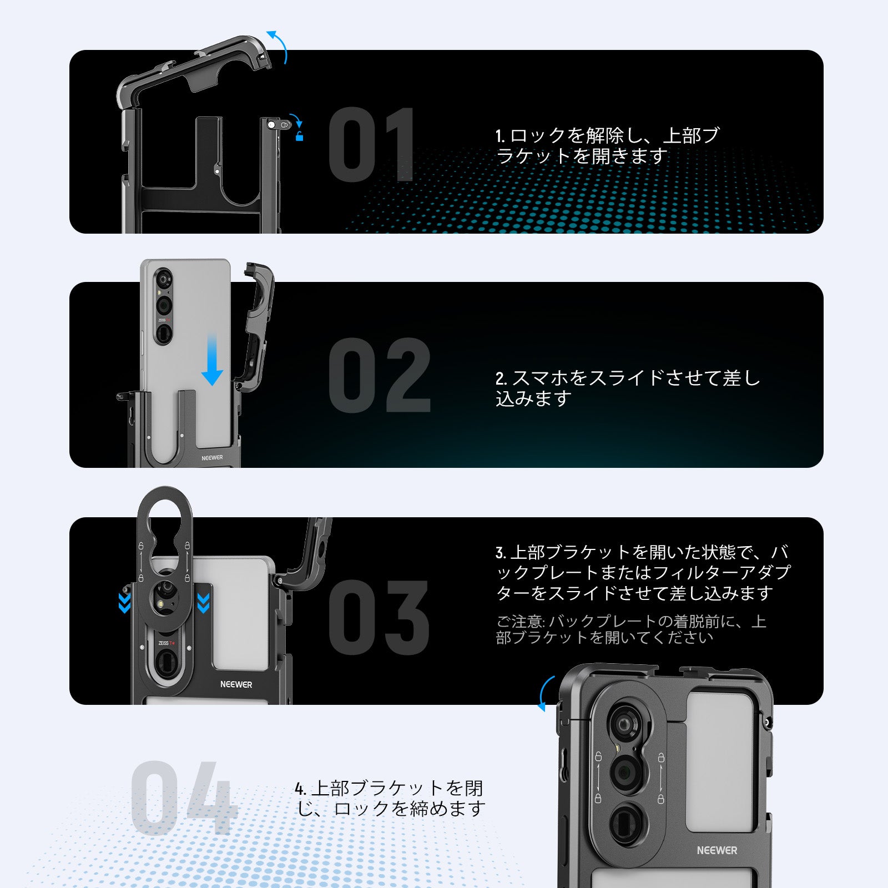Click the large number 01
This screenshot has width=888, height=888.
[x=371, y=145]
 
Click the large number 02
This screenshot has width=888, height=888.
[x=379, y=376]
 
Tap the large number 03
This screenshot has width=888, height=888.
[x=379, y=617]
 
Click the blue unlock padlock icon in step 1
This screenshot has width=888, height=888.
[x=299, y=137]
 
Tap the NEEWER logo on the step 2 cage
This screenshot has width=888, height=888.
[x=212, y=458]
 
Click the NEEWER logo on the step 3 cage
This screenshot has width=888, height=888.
[x=236, y=684]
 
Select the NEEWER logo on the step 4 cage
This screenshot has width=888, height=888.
[x=717, y=850]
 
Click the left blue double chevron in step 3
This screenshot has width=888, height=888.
[x=124, y=603]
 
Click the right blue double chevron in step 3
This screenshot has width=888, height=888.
[x=203, y=603]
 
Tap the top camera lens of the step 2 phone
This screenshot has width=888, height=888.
[x=163, y=278]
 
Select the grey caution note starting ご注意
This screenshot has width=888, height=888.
[x=630, y=629]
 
